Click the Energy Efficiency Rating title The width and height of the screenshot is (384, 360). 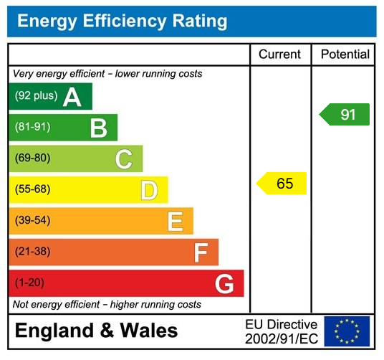122,21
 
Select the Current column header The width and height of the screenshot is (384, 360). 279,55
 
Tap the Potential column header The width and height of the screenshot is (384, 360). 345,55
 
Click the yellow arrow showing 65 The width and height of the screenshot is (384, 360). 282,183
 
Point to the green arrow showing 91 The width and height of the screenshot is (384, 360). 345,115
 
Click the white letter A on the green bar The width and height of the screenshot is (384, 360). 72,97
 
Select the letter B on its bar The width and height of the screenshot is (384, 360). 98,128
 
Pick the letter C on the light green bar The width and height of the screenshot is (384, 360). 124,159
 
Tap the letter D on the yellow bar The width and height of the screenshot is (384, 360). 149,190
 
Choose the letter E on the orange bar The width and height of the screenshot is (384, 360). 175,221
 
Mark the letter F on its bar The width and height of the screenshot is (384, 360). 201,252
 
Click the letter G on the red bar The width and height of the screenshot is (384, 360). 224,284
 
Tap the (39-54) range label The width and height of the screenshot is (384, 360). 33,221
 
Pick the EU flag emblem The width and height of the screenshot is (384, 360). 347,331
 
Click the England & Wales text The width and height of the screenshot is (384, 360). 97,331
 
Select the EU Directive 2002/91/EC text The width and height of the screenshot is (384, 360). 281,331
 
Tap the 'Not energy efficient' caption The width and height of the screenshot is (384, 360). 107,305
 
